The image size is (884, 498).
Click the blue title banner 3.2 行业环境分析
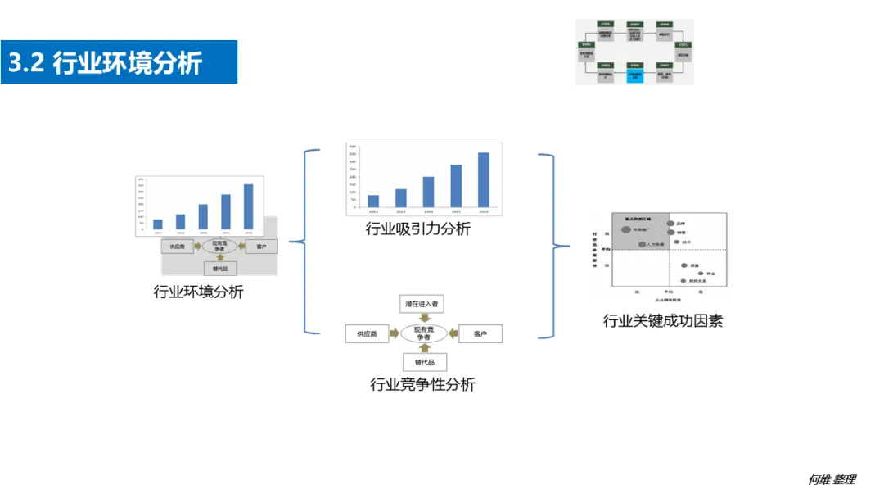tap(119, 62)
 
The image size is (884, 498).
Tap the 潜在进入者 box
tap(422, 304)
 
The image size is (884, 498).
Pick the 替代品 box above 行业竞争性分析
tap(423, 362)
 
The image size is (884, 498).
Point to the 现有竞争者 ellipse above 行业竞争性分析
tap(423, 333)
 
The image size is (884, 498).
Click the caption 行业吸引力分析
tap(417, 229)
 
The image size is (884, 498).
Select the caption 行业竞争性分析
tap(422, 384)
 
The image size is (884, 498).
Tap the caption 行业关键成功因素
tap(662, 320)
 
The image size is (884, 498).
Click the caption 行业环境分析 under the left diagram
tap(198, 292)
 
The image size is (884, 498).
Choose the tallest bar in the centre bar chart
tap(484, 179)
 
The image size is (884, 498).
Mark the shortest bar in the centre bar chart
tap(373, 201)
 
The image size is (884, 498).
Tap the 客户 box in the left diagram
tap(261, 246)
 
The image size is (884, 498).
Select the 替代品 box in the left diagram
tap(219, 268)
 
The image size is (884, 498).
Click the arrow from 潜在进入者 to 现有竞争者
tap(423, 318)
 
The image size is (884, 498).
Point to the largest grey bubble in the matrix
tap(626, 231)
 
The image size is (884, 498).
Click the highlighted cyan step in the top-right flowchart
tap(634, 75)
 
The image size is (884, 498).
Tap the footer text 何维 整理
tap(832, 480)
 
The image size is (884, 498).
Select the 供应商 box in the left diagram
tap(177, 246)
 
